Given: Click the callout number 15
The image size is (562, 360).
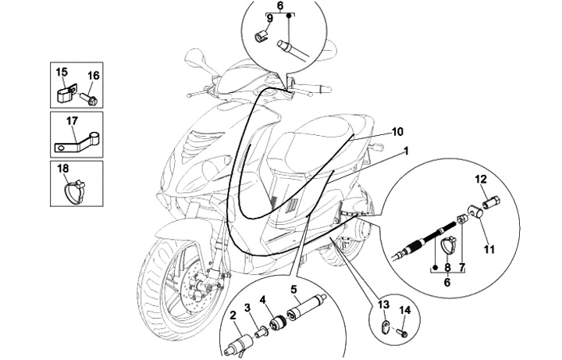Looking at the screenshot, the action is click(62, 72).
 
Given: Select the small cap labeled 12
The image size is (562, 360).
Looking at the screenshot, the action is click(493, 201).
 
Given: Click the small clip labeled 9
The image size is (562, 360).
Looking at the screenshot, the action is click(263, 34).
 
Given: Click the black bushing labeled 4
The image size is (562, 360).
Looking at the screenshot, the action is click(277, 322).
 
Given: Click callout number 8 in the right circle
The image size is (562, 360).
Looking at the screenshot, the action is click(447, 267).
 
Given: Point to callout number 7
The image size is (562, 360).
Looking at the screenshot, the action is click(461, 267).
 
